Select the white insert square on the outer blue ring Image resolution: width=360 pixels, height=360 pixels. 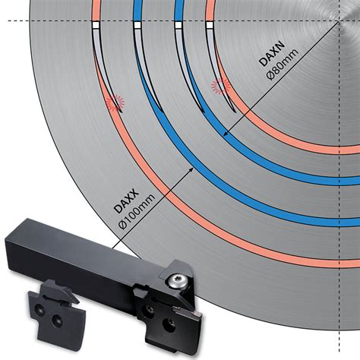137,25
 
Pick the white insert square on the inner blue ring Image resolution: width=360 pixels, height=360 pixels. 177,25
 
